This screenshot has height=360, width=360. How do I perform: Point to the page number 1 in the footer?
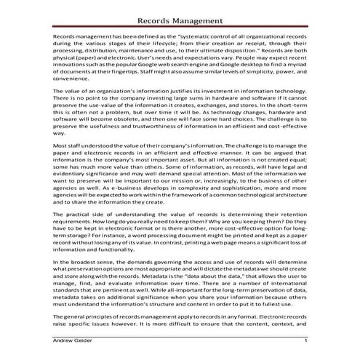[x=305, y=341]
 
